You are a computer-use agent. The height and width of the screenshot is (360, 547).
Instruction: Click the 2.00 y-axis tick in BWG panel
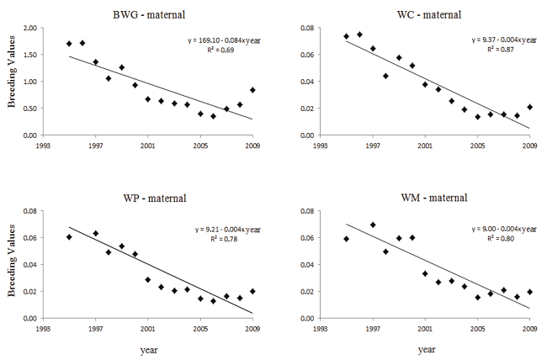point(29,29)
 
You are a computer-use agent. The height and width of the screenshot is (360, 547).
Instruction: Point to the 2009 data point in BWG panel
point(252,90)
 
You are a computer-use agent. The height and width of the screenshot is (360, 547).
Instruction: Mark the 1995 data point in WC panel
point(346,36)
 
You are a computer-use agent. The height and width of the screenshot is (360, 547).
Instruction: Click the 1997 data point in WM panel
point(373,225)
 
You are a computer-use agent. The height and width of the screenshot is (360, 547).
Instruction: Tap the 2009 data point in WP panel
point(252,291)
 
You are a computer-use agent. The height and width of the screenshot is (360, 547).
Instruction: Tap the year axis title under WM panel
point(426,348)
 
